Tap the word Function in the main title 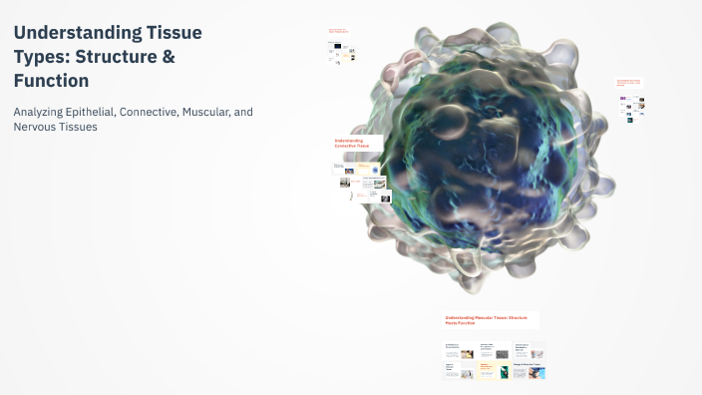51,81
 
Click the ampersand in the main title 169,57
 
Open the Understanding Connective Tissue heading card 358,145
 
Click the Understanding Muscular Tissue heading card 491,319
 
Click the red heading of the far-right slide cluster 629,83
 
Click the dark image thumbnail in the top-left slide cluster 338,46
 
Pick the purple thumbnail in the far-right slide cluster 623,100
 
